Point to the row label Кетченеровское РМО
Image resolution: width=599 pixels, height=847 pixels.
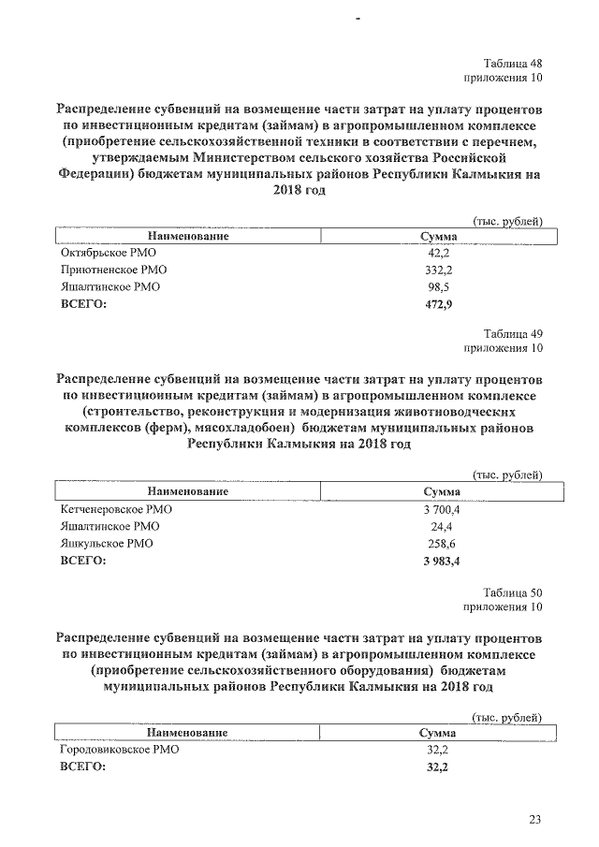pyautogui.click(x=116, y=509)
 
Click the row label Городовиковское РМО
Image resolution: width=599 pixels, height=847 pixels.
pyautogui.click(x=119, y=750)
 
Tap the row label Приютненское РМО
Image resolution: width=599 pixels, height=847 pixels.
pyautogui.click(x=112, y=270)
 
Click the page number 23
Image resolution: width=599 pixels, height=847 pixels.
pyautogui.click(x=534, y=820)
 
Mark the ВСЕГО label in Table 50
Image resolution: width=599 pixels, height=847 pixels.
pyautogui.click(x=82, y=767)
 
